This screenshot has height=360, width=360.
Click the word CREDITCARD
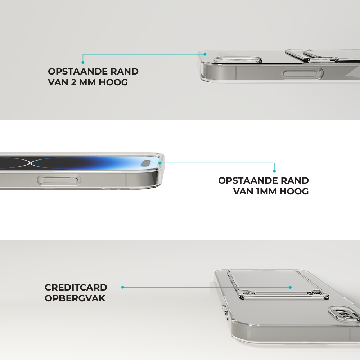click(76, 287)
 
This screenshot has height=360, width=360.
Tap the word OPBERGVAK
click(75, 298)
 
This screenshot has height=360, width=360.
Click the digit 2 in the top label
click(73, 82)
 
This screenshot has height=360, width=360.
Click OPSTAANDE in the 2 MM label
click(78, 71)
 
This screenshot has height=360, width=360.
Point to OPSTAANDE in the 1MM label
click(248, 180)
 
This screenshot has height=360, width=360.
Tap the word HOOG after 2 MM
click(113, 82)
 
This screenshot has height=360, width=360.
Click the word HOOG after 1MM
click(294, 191)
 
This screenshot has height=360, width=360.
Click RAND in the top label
click(125, 71)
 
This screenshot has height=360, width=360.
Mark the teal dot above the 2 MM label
click(83, 62)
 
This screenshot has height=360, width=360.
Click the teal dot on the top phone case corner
click(205, 54)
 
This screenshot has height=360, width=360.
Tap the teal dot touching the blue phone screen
click(160, 163)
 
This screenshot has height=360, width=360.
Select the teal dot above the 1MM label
click(274, 171)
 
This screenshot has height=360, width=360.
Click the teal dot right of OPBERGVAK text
click(123, 287)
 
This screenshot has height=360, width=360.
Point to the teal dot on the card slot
click(290, 287)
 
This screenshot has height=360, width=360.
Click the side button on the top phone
click(302, 73)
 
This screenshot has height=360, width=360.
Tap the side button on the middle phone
click(59, 180)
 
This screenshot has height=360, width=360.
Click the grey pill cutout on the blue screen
click(145, 163)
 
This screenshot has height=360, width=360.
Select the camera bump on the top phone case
click(238, 59)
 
